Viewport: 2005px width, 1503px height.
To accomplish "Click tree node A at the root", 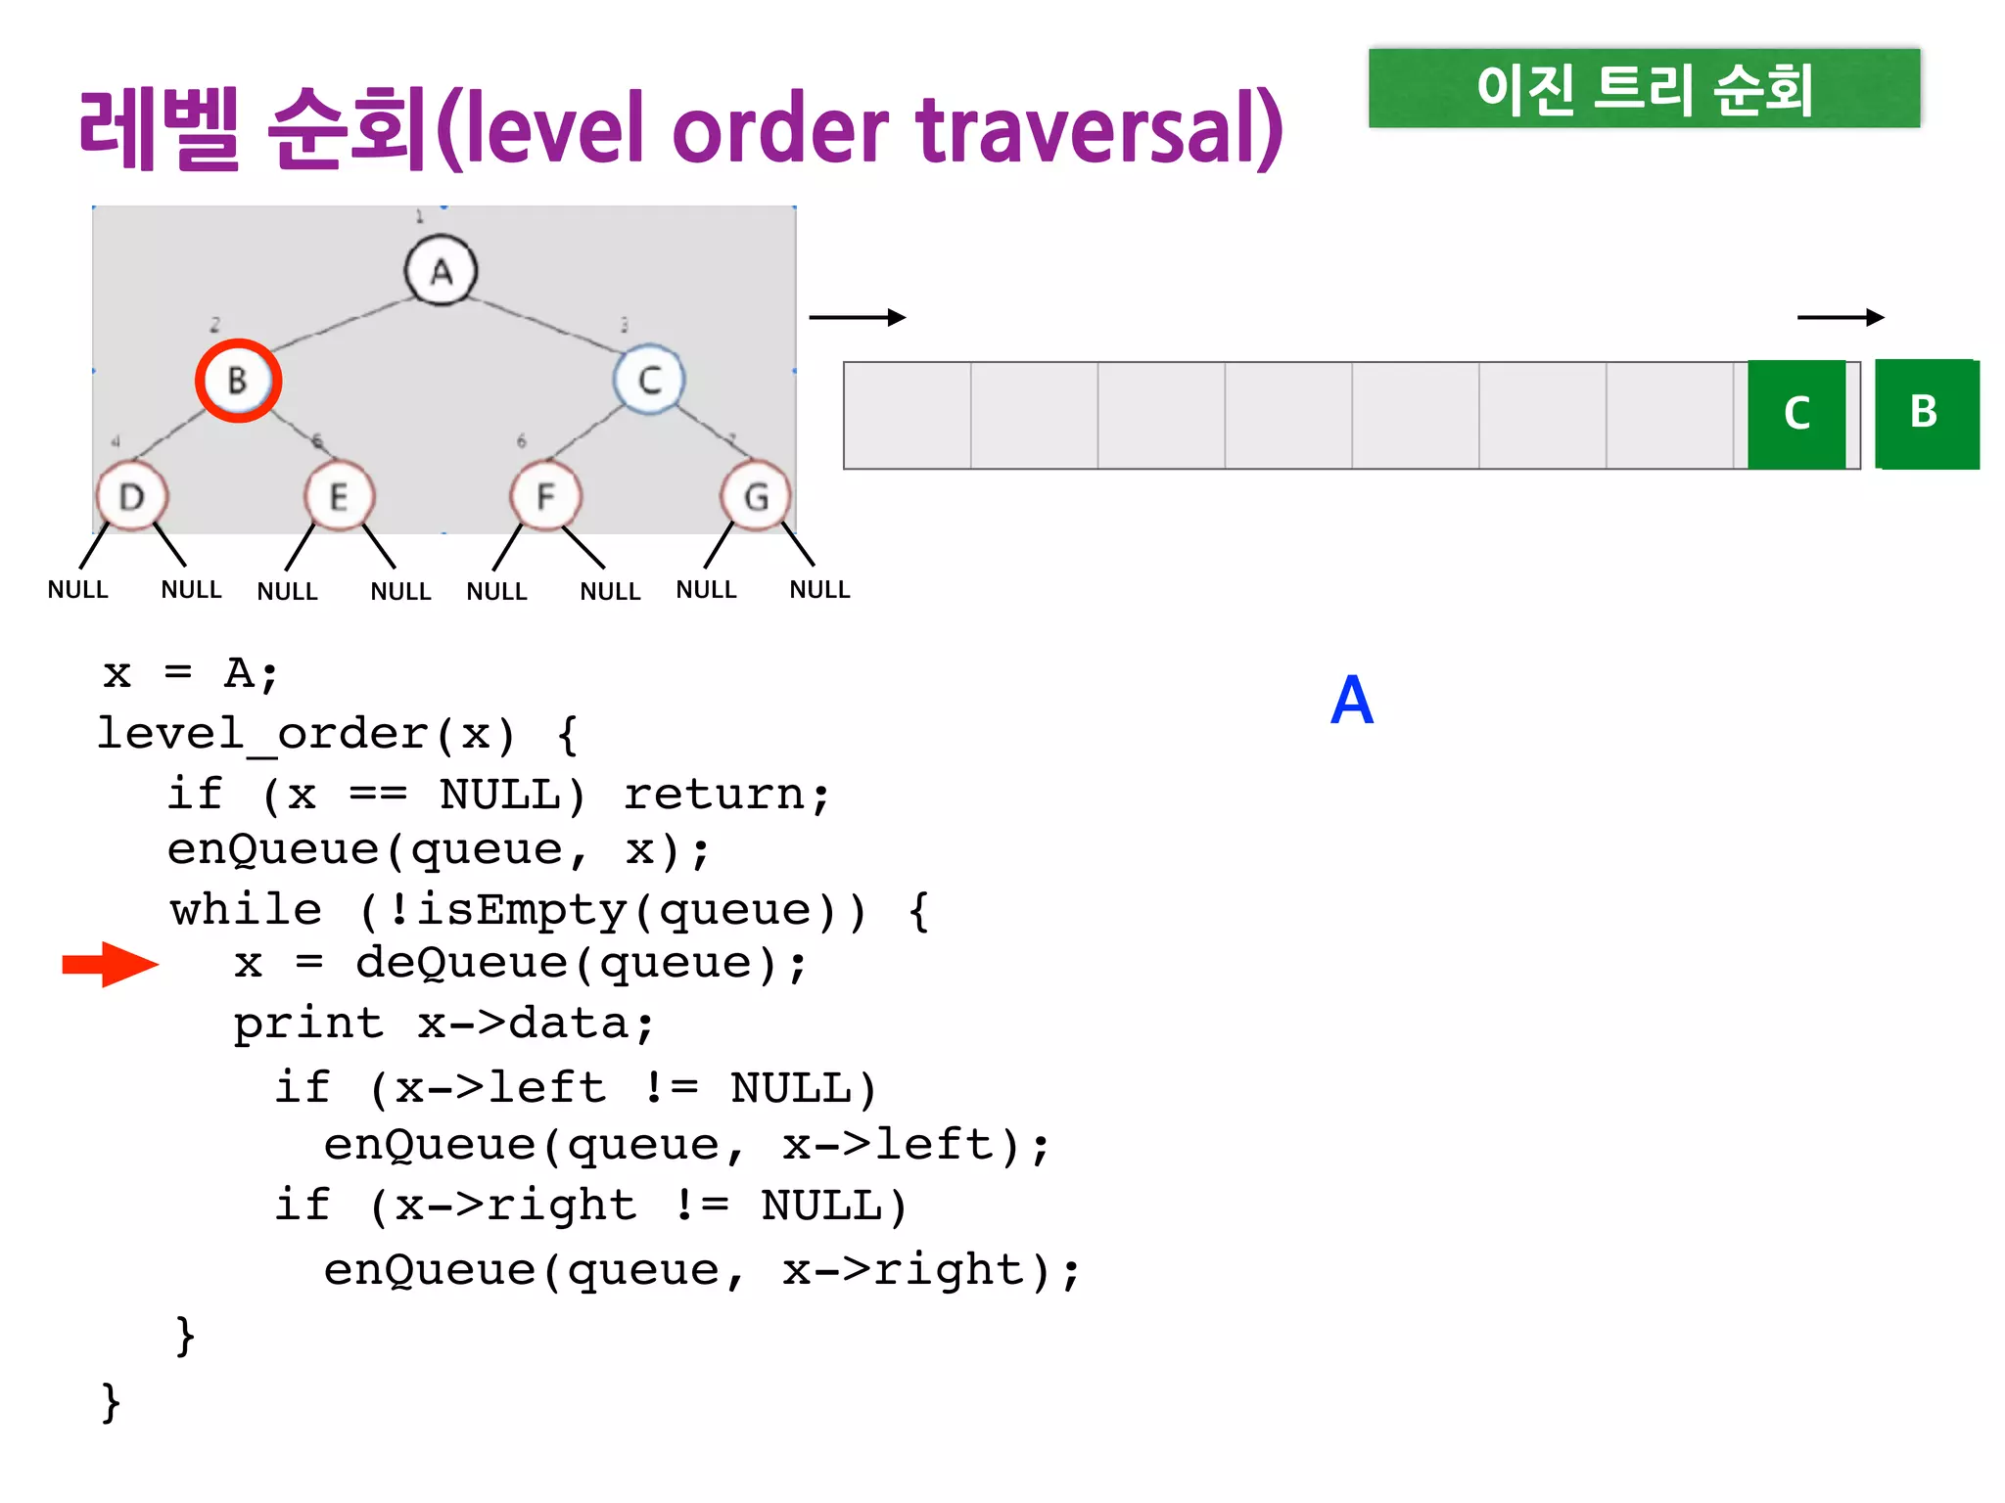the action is [x=441, y=270].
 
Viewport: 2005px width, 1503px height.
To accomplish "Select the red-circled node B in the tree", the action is [x=238, y=380].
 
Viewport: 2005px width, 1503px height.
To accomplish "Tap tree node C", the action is [x=649, y=380].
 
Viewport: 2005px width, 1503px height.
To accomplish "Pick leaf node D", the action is [x=131, y=497].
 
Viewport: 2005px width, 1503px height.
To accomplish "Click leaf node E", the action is [x=339, y=497].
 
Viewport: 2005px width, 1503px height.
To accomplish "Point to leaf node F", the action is [x=545, y=497].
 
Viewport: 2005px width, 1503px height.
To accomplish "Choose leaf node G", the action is [x=756, y=497].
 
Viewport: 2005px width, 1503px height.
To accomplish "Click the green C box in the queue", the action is [x=1796, y=414].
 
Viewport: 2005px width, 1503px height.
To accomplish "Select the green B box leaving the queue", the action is [x=1926, y=413].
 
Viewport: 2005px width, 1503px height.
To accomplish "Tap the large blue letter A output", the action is [x=1352, y=701].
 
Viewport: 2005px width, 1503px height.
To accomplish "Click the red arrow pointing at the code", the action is [x=110, y=965].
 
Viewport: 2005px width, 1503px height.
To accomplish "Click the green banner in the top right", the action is [x=1644, y=88].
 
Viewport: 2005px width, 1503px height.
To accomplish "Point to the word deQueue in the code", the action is [x=461, y=964].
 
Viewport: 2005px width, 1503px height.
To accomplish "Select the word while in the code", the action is [x=246, y=910].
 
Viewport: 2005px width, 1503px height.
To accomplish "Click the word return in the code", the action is [x=714, y=794].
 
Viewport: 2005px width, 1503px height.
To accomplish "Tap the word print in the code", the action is [x=308, y=1025].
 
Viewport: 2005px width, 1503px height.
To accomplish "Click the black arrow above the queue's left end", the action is [x=857, y=317].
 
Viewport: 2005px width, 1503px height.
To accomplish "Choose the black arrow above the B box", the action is [x=1841, y=317].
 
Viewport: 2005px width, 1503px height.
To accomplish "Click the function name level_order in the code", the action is [x=263, y=734].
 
